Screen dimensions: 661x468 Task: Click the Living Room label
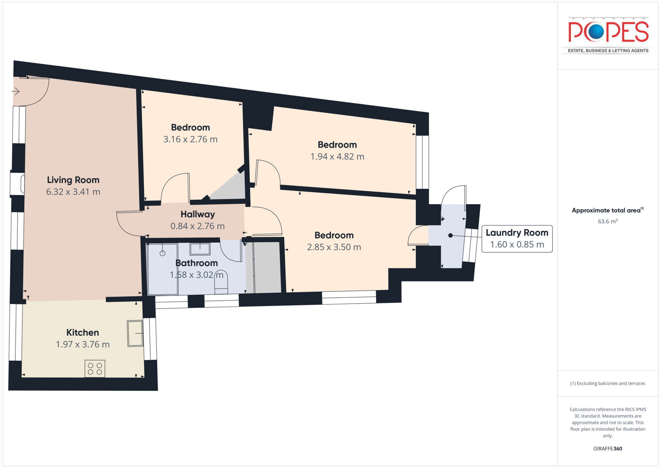click(x=73, y=180)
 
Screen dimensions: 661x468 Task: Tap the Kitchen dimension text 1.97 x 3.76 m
click(x=83, y=344)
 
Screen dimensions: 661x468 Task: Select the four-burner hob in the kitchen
click(x=95, y=369)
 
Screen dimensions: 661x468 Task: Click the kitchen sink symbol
click(x=135, y=333)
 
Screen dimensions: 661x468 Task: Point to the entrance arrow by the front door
click(x=16, y=91)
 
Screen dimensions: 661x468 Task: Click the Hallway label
click(x=198, y=214)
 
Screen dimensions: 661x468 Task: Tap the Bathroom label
click(x=197, y=263)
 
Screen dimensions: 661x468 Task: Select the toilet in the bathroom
click(x=221, y=282)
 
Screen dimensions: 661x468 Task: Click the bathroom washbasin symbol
click(x=200, y=249)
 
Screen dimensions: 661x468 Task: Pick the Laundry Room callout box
click(x=517, y=239)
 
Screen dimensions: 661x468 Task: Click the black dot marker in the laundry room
click(x=450, y=235)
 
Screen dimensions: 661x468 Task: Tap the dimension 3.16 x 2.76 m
click(x=190, y=139)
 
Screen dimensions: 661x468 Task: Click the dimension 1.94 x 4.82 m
click(x=337, y=156)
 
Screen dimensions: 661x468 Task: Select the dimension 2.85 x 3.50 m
click(x=334, y=247)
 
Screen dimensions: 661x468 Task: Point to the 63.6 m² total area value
click(x=607, y=221)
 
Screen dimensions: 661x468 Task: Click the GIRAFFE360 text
click(x=607, y=448)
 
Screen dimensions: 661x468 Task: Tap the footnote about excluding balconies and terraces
click(x=607, y=383)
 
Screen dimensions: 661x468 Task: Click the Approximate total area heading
click(x=607, y=210)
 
